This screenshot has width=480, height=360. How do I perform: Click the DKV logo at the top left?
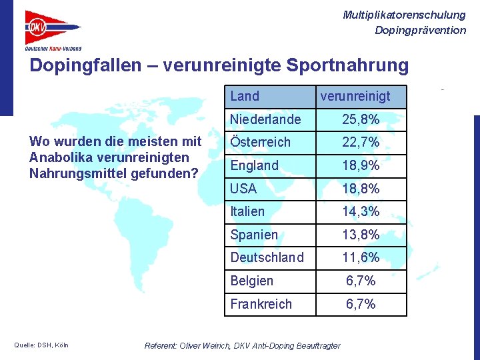[x=53, y=30]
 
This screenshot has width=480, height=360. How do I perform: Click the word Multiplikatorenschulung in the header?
[x=404, y=15]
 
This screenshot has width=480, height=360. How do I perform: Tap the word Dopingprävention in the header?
[x=420, y=30]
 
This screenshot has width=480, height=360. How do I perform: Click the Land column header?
[x=245, y=97]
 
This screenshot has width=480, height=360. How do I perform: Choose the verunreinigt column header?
[x=355, y=97]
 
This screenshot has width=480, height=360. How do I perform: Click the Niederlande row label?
[x=265, y=120]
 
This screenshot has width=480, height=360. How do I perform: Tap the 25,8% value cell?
[x=361, y=120]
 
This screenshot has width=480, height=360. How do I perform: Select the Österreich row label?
[x=261, y=143]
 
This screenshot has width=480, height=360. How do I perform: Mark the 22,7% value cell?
[x=361, y=143]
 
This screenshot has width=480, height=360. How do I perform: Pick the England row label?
[x=255, y=165]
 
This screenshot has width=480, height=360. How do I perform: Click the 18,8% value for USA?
[x=361, y=189]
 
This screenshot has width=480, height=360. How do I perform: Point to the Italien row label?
[x=247, y=212]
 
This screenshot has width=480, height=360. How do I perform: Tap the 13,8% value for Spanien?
[x=361, y=235]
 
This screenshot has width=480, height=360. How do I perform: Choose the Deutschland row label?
[x=267, y=257]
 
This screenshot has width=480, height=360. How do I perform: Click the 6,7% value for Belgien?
[x=361, y=281]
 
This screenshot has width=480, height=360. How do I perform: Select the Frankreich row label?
[x=261, y=304]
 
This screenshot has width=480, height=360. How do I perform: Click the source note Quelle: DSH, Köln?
[x=41, y=345]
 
